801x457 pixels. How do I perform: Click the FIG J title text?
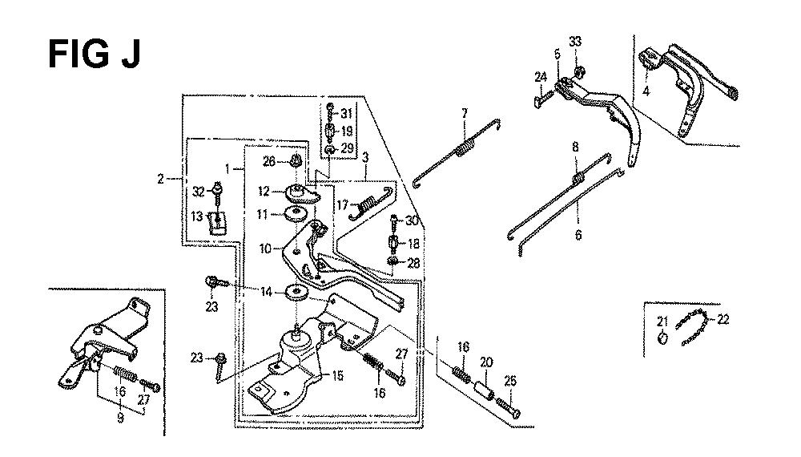(x=95, y=55)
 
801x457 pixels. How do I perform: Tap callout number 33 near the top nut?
(x=575, y=41)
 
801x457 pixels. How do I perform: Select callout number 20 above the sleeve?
(x=485, y=361)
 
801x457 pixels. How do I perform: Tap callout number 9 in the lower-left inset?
(x=120, y=417)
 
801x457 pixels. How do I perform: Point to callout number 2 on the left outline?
(x=160, y=179)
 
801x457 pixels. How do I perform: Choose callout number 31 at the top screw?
(x=347, y=112)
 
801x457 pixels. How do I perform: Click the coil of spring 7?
(x=463, y=149)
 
